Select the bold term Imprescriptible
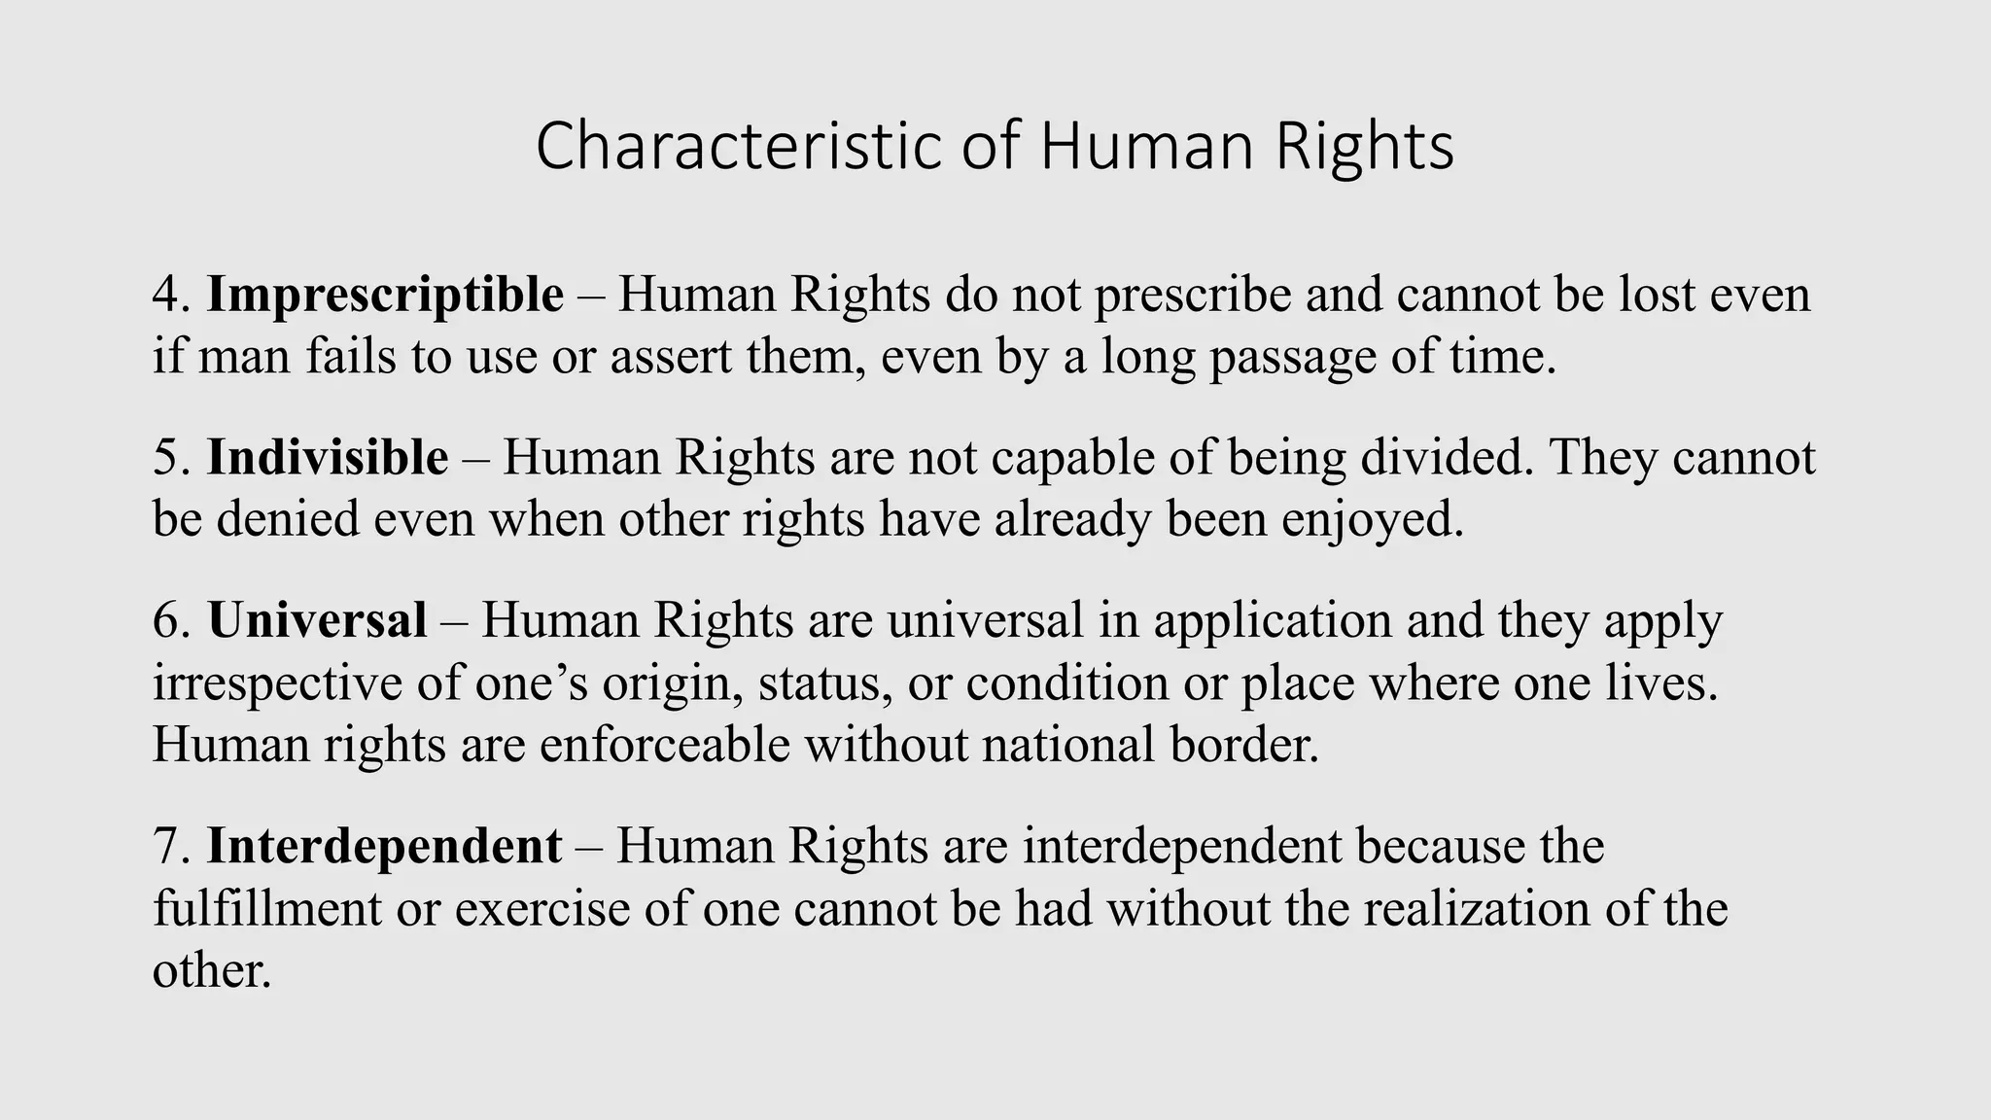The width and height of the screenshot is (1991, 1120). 385,295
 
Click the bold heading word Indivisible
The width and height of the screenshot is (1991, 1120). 328,457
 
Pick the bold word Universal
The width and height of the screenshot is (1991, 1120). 317,620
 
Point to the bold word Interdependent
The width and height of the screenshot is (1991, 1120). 384,846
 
